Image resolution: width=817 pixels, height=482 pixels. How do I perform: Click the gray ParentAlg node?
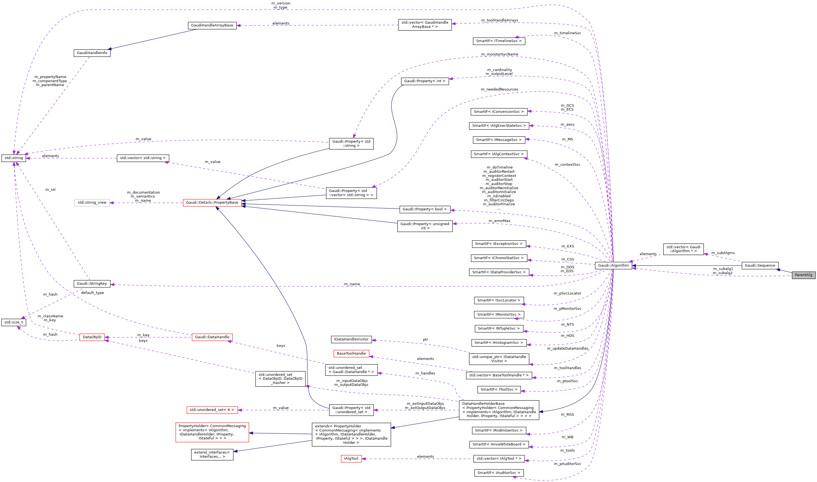(x=803, y=275)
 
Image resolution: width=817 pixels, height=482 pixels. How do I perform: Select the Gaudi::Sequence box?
(x=760, y=265)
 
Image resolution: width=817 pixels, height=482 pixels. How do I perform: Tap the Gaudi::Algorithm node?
(x=613, y=265)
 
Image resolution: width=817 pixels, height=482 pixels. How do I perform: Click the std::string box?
(x=14, y=158)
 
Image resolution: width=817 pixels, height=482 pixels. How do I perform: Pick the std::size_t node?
(x=14, y=322)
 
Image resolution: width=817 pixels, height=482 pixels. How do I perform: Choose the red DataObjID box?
(x=92, y=337)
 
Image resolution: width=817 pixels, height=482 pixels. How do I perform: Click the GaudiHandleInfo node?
(x=92, y=53)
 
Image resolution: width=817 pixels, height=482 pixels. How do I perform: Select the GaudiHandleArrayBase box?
(x=212, y=25)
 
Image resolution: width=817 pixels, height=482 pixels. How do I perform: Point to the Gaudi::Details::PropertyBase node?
(x=212, y=203)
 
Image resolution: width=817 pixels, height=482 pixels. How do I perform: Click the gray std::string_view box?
(x=92, y=203)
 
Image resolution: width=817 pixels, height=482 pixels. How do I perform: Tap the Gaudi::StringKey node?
(x=92, y=284)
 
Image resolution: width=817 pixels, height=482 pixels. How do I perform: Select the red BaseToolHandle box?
(x=351, y=353)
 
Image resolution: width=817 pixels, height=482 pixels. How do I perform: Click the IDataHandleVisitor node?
(x=351, y=339)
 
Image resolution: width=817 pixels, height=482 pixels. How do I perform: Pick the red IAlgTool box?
(x=351, y=459)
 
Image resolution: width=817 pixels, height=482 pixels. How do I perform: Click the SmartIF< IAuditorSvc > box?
(x=499, y=473)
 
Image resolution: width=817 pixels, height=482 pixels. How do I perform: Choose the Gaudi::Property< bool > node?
(x=425, y=209)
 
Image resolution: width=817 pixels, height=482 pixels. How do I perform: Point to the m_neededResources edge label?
(x=499, y=89)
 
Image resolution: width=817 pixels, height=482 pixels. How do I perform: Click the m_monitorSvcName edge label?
(x=499, y=54)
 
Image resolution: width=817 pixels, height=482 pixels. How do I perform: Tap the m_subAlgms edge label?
(x=723, y=253)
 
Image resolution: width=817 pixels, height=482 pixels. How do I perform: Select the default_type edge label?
(x=92, y=293)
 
